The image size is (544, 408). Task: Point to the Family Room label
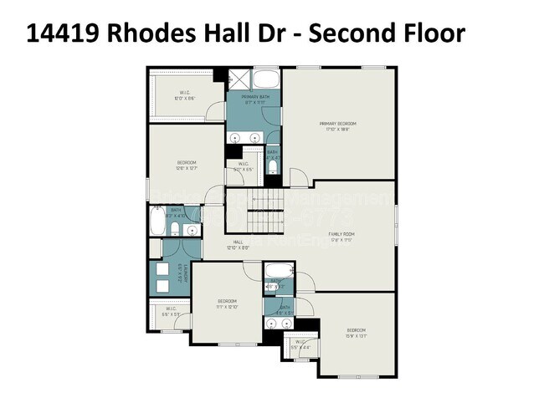click(341, 237)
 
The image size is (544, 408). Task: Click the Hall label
click(238, 244)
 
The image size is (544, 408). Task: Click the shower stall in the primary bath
click(239, 80)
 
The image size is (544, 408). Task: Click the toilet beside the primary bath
click(272, 167)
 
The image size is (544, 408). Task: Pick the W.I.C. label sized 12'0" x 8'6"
click(186, 94)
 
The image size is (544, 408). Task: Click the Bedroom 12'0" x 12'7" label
click(186, 165)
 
